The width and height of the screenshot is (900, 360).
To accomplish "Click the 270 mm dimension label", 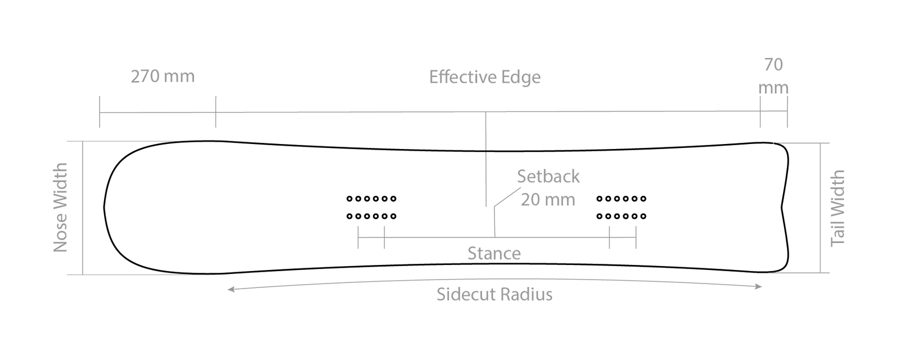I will (162, 76).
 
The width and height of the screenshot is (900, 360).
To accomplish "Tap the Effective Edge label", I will (485, 77).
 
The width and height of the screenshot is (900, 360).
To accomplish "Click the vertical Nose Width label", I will (61, 207).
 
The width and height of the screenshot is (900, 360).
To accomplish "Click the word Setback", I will (548, 177).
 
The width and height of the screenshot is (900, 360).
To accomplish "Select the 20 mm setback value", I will (547, 200).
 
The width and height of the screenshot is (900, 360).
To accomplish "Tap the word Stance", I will (494, 254).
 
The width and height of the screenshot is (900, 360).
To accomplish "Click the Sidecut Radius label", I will (494, 294).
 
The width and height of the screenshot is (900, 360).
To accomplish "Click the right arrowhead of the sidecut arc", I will (759, 287).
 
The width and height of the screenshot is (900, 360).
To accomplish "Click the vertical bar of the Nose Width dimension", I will (83, 207).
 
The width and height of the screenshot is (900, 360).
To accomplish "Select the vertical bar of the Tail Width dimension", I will (821, 208).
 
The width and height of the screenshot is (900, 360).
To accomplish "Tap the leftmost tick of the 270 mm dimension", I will (100, 112).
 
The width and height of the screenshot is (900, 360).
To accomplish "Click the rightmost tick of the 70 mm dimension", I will (786, 112).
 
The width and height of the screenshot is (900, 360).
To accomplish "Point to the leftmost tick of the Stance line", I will (358, 237).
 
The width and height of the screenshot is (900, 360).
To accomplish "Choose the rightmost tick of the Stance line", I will (636, 237).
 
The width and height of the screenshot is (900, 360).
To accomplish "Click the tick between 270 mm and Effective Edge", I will (215, 112).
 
